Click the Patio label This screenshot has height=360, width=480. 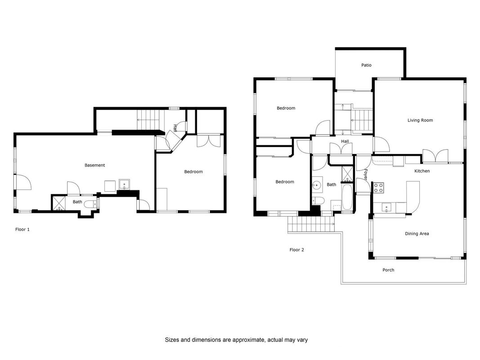tap(366, 65)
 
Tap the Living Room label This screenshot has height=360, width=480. tap(420, 120)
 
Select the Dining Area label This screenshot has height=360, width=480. tap(417, 234)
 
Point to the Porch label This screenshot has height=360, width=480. tap(388, 270)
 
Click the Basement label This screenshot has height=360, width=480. tap(94, 165)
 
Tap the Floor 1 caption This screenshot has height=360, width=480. tap(22, 229)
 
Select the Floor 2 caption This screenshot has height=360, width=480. tap(296, 250)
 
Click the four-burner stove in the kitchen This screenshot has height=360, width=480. tap(379, 188)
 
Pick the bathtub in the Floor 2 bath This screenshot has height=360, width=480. tap(347, 197)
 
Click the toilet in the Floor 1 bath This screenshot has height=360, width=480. tap(90, 204)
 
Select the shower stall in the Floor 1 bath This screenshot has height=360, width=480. tap(59, 203)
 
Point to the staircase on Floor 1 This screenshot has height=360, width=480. tap(149, 120)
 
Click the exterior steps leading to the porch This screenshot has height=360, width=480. tap(311, 225)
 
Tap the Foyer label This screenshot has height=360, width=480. tap(365, 175)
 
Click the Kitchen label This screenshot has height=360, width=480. tap(422, 171)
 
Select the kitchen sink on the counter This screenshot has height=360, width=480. tap(386, 207)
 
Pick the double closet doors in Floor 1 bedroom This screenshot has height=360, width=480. tap(208, 140)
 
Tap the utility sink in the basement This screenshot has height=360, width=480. tap(124, 184)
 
